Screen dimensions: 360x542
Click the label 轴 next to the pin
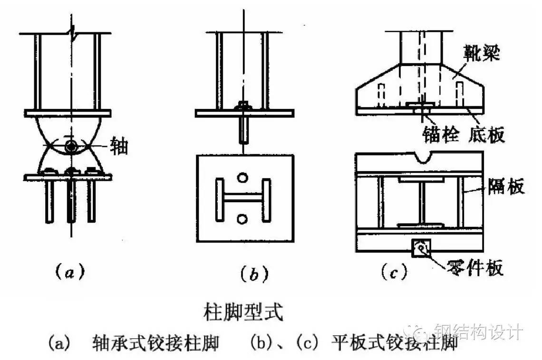coord(119,146)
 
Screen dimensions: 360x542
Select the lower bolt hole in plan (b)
coord(243,218)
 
